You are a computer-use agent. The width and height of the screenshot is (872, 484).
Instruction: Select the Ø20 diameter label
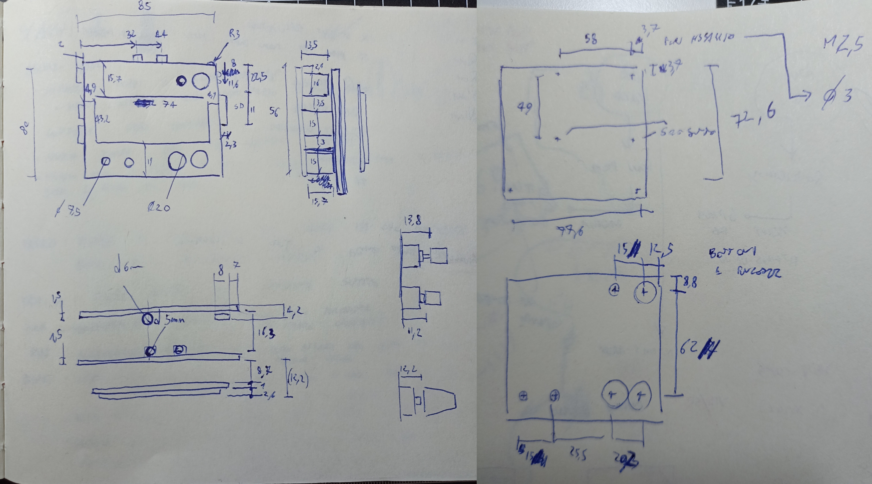coord(159,207)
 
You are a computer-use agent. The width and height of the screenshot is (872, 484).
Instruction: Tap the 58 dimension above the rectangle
coord(591,40)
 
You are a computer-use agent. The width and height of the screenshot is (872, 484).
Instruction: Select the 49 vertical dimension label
coord(525,108)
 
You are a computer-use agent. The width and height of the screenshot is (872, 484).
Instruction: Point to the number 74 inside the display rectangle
coord(169,105)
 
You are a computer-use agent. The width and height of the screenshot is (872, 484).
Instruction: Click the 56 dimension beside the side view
coord(274,112)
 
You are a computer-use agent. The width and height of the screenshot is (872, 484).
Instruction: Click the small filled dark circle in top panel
coord(182,81)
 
